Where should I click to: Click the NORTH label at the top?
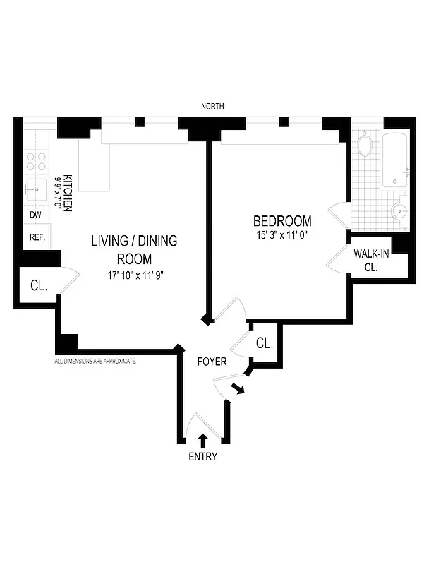pyautogui.click(x=212, y=106)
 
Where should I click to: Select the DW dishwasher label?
pyautogui.click(x=35, y=215)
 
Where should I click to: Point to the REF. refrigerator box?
pyautogui.click(x=37, y=237)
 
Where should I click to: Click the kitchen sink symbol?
pyautogui.click(x=35, y=189)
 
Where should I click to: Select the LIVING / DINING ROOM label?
pyautogui.click(x=134, y=249)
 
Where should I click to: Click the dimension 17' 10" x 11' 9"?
pyautogui.click(x=134, y=275)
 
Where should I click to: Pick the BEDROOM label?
pyautogui.click(x=282, y=220)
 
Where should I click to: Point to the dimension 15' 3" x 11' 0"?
pyautogui.click(x=282, y=234)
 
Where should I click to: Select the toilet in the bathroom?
pyautogui.click(x=399, y=211)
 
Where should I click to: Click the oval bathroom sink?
pyautogui.click(x=365, y=147)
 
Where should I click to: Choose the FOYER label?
pyautogui.click(x=212, y=362)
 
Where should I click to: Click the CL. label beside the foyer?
pyautogui.click(x=265, y=343)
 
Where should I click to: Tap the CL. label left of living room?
pyautogui.click(x=38, y=286)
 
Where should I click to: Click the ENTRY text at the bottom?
pyautogui.click(x=202, y=456)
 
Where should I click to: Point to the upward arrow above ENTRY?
pyautogui.click(x=202, y=440)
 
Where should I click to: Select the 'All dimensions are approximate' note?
pyautogui.click(x=95, y=361)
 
